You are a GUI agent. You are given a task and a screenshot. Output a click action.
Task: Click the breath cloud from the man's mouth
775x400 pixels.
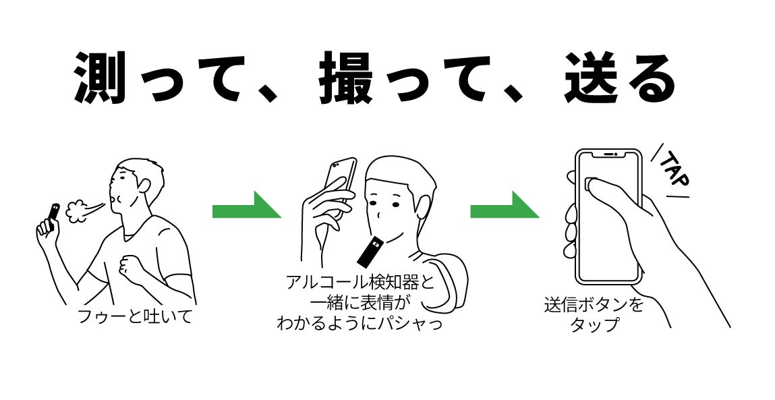[80, 208]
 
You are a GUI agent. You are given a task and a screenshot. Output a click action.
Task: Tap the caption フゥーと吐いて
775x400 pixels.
[135, 316]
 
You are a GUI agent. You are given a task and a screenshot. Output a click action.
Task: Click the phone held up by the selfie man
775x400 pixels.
[340, 178]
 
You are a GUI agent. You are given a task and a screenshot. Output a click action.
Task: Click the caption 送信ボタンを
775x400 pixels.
[594, 305]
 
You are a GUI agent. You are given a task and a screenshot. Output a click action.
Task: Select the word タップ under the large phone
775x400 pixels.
[594, 324]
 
